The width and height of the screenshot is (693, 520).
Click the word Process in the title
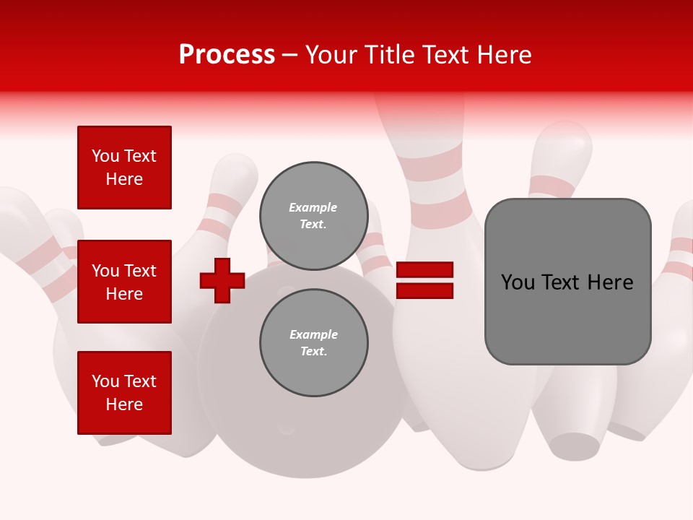(x=227, y=55)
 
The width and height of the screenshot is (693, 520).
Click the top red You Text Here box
(x=124, y=168)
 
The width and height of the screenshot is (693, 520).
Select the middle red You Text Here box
(x=124, y=282)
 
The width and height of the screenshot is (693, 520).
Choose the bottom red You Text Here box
(x=124, y=393)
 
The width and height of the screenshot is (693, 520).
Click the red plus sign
(x=222, y=280)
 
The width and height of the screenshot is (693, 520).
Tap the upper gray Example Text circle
(x=313, y=216)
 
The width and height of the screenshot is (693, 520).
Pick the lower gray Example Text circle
(x=313, y=343)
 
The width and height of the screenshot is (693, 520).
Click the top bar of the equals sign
(x=424, y=270)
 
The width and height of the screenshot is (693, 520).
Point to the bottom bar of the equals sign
(x=424, y=290)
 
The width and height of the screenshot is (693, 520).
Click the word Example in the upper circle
(x=313, y=207)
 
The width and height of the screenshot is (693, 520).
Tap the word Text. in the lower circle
(x=313, y=352)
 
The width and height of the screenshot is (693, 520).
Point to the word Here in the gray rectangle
(x=610, y=282)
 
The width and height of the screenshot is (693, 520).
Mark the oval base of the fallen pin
(x=575, y=446)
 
